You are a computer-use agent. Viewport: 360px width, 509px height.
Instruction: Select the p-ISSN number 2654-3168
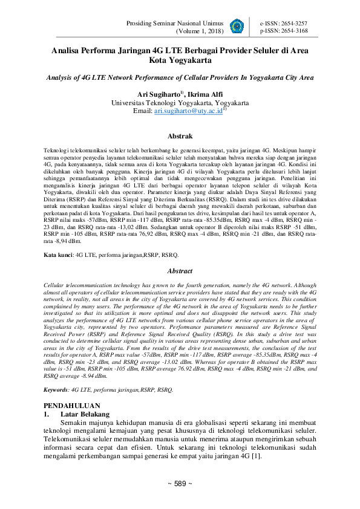click(x=293, y=30)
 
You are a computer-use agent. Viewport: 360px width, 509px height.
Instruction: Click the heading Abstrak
click(x=180, y=137)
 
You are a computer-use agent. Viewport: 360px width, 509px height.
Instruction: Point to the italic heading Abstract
click(x=180, y=271)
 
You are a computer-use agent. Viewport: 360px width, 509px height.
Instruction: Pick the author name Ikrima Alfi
click(x=206, y=94)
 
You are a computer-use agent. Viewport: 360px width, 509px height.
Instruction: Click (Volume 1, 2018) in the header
click(x=199, y=31)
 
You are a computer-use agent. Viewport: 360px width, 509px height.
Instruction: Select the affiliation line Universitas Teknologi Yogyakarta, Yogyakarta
click(x=180, y=103)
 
